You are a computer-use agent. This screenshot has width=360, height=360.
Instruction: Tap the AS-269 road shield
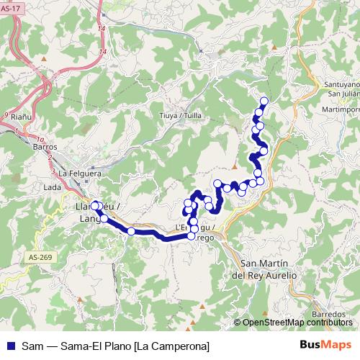tap(41, 257)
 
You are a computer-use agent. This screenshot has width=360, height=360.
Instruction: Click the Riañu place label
tap(21, 115)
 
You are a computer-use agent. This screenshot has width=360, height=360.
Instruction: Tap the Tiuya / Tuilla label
tap(181, 114)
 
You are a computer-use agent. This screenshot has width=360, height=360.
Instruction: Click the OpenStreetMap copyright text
tap(295, 323)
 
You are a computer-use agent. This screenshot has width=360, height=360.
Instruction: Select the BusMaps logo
tap(326, 344)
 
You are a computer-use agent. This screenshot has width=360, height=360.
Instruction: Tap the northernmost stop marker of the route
tap(264, 101)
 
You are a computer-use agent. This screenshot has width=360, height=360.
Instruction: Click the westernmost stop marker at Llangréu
tap(94, 206)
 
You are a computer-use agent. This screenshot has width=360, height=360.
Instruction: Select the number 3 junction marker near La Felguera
tap(54, 171)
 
